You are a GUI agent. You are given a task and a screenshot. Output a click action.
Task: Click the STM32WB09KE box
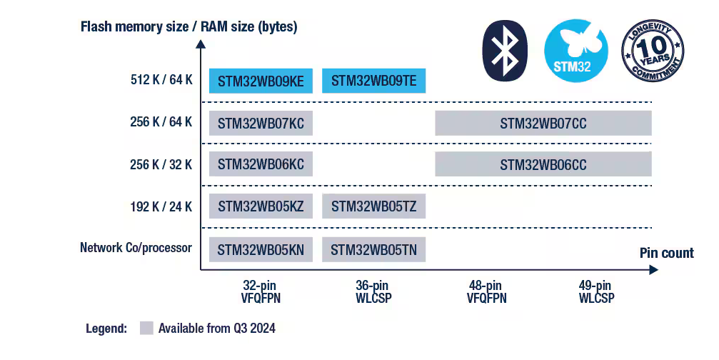tap(261, 81)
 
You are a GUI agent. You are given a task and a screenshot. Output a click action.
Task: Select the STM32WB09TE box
tap(373, 81)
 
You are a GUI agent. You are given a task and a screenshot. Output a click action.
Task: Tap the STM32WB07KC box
tap(261, 124)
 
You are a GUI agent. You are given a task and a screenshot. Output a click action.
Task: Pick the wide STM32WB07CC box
tap(543, 124)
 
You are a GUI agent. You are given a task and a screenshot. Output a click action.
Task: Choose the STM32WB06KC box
tap(261, 164)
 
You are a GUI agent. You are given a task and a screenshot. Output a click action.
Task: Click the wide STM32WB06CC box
tap(543, 164)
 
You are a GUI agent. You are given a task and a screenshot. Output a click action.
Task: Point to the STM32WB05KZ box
tap(261, 206)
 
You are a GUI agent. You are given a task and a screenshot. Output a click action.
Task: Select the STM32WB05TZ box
tap(373, 206)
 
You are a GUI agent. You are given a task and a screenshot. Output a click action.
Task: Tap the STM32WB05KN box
tap(261, 250)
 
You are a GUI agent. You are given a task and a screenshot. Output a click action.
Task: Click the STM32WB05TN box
tap(373, 250)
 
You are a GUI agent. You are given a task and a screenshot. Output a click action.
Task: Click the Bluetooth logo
tap(505, 51)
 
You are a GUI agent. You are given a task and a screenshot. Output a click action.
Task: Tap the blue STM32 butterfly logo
tap(576, 51)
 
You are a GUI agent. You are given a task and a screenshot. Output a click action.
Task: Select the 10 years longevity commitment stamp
tap(653, 51)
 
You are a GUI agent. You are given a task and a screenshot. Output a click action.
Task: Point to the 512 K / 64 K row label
tap(161, 80)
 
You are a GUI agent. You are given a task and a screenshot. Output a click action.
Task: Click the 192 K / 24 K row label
tap(161, 207)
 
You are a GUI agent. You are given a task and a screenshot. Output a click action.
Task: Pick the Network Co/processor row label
tap(136, 248)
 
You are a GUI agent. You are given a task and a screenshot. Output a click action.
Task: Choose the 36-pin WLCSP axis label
tap(373, 291)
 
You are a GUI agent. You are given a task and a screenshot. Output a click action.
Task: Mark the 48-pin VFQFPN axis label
tap(486, 291)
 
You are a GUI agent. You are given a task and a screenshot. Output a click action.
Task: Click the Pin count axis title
tap(667, 253)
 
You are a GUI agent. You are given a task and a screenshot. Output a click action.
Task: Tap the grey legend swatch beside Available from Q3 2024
tap(146, 329)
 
